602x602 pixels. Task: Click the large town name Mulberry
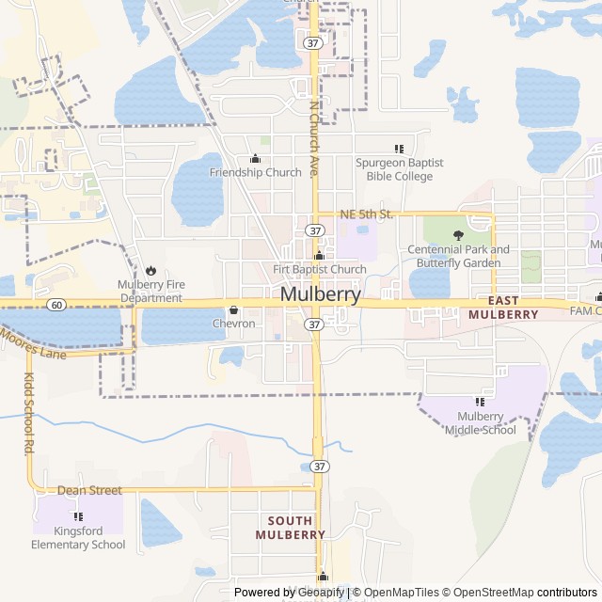(320, 294)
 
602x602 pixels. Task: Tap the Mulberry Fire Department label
(150, 292)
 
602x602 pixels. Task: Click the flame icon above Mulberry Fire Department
(150, 271)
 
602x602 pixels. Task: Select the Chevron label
(233, 324)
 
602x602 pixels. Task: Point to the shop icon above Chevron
(233, 309)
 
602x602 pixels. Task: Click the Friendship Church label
(255, 172)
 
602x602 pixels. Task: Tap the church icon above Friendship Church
(255, 159)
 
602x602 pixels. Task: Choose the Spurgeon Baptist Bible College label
(399, 169)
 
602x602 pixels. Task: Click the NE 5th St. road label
(365, 214)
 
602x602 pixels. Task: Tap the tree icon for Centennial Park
(459, 235)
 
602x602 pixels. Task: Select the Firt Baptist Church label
(319, 270)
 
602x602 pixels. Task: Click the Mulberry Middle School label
(481, 423)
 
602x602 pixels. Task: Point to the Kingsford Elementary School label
(78, 538)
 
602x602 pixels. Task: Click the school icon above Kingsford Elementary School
(78, 516)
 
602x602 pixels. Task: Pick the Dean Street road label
(89, 490)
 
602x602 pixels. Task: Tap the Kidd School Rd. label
(27, 414)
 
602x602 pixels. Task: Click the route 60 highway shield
(57, 305)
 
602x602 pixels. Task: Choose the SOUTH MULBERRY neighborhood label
(290, 528)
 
